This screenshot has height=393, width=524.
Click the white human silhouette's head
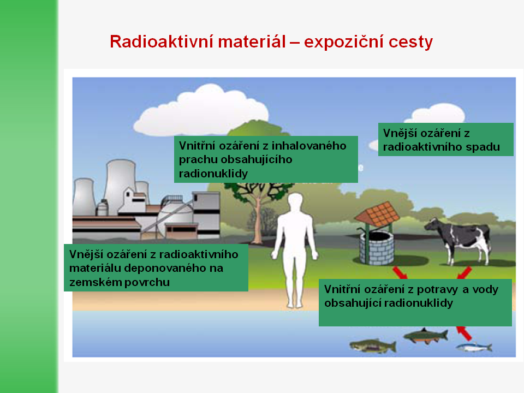point(295,202)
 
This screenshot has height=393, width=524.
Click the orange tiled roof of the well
point(378,214)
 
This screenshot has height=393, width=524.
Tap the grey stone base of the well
point(377,248)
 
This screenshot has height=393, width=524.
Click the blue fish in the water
point(474,348)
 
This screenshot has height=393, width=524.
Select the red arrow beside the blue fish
point(464,333)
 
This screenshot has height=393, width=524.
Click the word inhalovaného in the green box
point(309,146)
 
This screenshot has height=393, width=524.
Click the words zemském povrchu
point(120,282)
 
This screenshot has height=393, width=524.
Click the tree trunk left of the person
point(257,221)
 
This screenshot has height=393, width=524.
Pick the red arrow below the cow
point(464,273)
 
